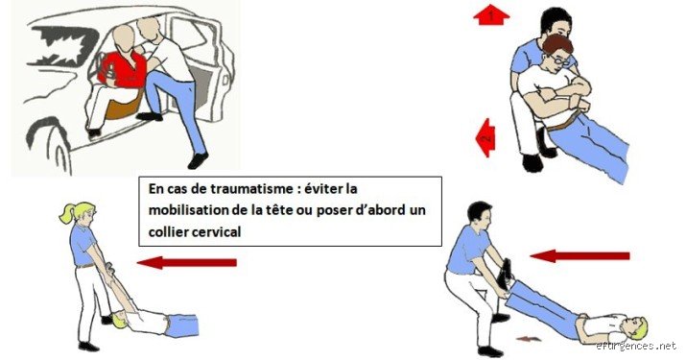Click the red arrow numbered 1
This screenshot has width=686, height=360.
point(491,14)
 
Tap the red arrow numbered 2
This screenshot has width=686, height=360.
point(485,137)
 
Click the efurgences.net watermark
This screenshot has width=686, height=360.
point(636,346)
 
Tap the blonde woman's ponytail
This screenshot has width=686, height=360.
point(68,212)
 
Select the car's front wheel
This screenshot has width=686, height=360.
point(48,145)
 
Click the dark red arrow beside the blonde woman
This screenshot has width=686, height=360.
point(187,263)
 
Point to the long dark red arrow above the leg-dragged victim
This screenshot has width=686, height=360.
point(580,255)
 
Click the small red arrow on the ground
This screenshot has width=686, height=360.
point(529,339)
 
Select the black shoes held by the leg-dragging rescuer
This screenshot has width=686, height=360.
point(507,273)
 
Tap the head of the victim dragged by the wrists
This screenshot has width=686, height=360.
point(119,320)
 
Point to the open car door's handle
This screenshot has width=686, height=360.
point(225,80)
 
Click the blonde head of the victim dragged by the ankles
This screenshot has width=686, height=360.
point(637,325)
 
